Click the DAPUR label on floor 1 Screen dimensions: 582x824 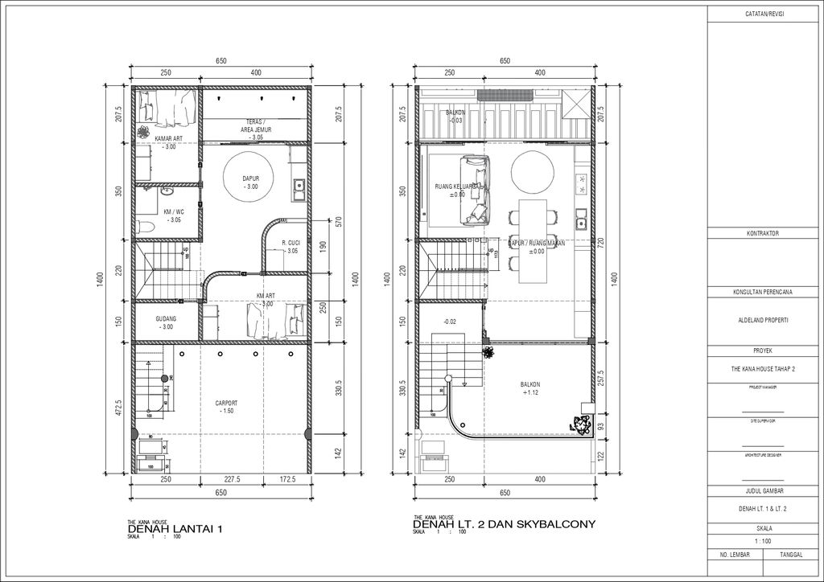(251, 182)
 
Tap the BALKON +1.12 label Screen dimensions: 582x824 (529, 389)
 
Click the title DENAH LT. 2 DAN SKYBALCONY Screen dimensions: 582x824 (505, 525)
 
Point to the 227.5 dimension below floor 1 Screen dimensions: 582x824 (233, 480)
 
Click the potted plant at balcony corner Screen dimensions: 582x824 (580, 425)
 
